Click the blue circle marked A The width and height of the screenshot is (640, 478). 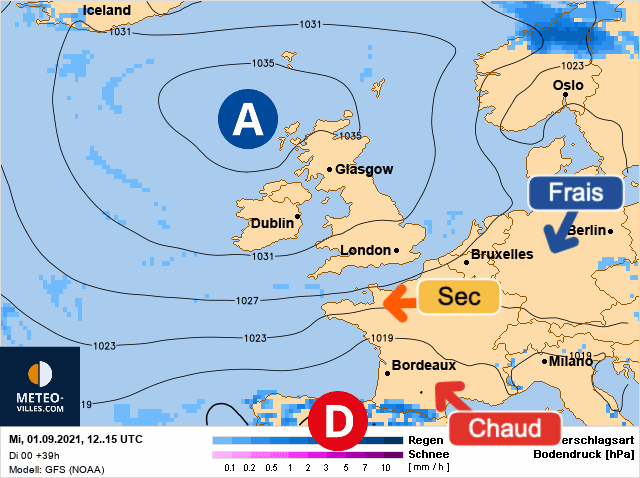(247, 119)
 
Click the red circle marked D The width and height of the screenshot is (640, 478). (338, 424)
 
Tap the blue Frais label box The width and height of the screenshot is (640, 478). (568, 192)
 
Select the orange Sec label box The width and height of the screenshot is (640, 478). (457, 297)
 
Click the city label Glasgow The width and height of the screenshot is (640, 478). (363, 170)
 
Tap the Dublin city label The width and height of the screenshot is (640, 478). (272, 224)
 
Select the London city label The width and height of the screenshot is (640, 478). (365, 251)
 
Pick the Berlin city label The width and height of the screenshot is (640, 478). (587, 231)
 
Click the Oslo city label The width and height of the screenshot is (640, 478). (568, 86)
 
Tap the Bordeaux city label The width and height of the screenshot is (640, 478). (423, 366)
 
